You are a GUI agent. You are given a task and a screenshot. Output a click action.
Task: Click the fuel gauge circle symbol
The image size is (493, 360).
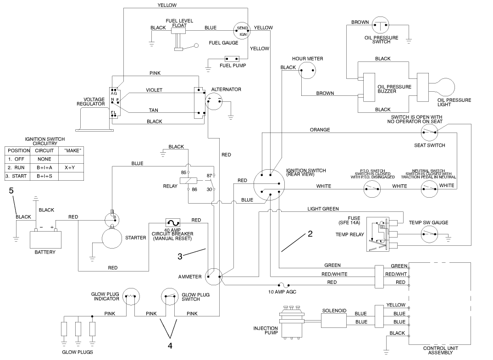[x=242, y=31]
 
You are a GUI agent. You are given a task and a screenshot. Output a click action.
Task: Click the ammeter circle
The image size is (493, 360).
[x=214, y=276]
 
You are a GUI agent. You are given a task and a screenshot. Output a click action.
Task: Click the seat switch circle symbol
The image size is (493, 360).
[x=429, y=133]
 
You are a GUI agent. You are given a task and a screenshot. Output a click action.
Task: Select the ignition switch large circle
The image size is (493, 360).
[x=269, y=186]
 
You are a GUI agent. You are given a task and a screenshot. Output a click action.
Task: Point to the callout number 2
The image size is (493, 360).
[x=310, y=234]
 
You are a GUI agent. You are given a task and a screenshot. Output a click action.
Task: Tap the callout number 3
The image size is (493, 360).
[x=180, y=257]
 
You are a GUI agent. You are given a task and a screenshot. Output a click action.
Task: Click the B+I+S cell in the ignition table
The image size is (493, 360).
[x=45, y=177]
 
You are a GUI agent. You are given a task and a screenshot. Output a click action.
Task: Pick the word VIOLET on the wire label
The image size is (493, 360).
[x=154, y=90]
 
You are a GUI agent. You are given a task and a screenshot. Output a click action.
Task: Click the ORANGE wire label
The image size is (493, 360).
[x=320, y=130]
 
